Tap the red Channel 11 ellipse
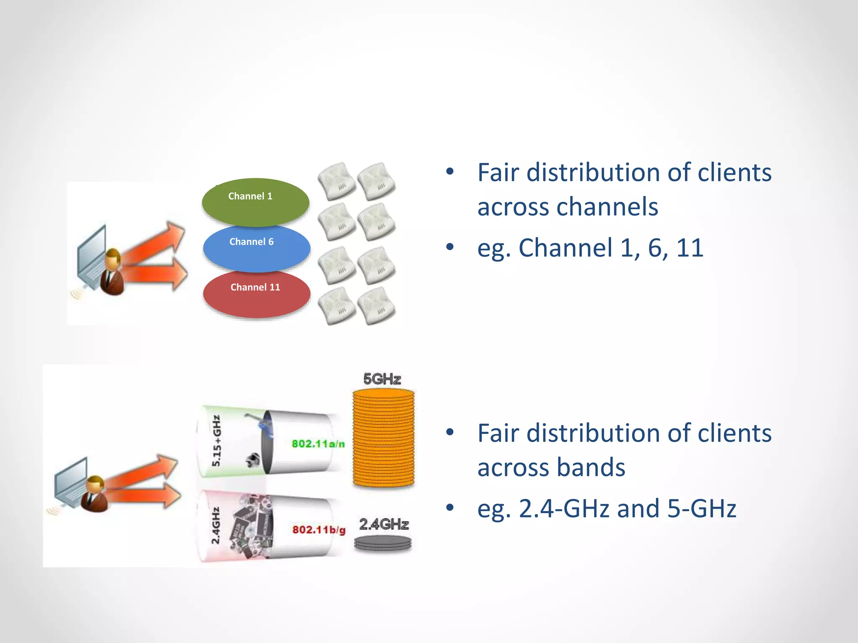(x=256, y=294)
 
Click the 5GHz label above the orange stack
(x=382, y=379)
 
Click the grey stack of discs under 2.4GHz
(x=382, y=544)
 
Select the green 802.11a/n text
(x=318, y=444)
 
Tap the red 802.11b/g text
(x=319, y=530)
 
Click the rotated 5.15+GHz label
(x=217, y=441)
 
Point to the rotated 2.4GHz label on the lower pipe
(x=215, y=526)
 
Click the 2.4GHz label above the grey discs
(x=383, y=524)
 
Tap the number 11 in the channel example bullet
(x=690, y=248)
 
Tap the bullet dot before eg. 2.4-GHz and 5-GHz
(x=450, y=508)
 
